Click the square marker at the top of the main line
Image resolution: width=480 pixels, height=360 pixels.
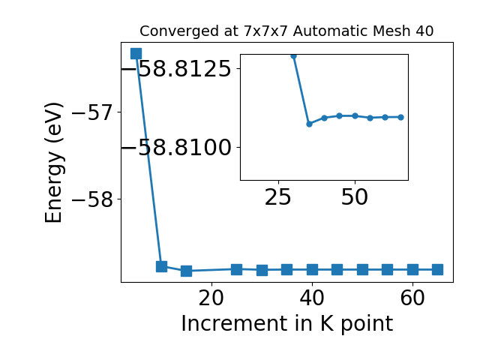click(136, 53)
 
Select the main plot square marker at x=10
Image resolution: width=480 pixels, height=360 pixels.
click(161, 267)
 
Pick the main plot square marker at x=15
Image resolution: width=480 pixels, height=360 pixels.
click(187, 271)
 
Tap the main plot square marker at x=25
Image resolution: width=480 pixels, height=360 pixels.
click(237, 269)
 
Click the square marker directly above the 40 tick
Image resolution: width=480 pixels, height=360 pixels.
click(312, 270)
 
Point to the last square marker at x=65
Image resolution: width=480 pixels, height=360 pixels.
click(438, 270)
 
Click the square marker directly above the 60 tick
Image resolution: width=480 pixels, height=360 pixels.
click(412, 270)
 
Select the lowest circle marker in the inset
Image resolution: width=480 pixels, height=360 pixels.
click(309, 124)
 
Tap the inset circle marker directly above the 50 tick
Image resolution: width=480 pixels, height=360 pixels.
click(355, 115)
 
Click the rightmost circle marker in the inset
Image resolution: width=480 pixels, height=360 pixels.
click(400, 117)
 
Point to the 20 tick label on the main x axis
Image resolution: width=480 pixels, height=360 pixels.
click(211, 298)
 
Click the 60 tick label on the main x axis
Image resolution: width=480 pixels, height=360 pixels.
click(412, 298)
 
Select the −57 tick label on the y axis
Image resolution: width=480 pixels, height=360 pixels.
click(92, 112)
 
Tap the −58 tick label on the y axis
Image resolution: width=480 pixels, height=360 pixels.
click(92, 199)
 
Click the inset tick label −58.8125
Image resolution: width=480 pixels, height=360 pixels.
click(177, 68)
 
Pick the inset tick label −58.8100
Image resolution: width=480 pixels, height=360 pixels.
click(177, 148)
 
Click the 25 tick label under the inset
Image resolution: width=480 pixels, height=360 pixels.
click(278, 197)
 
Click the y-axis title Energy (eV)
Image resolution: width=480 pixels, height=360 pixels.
click(54, 163)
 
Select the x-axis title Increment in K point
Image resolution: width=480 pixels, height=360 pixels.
click(287, 324)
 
